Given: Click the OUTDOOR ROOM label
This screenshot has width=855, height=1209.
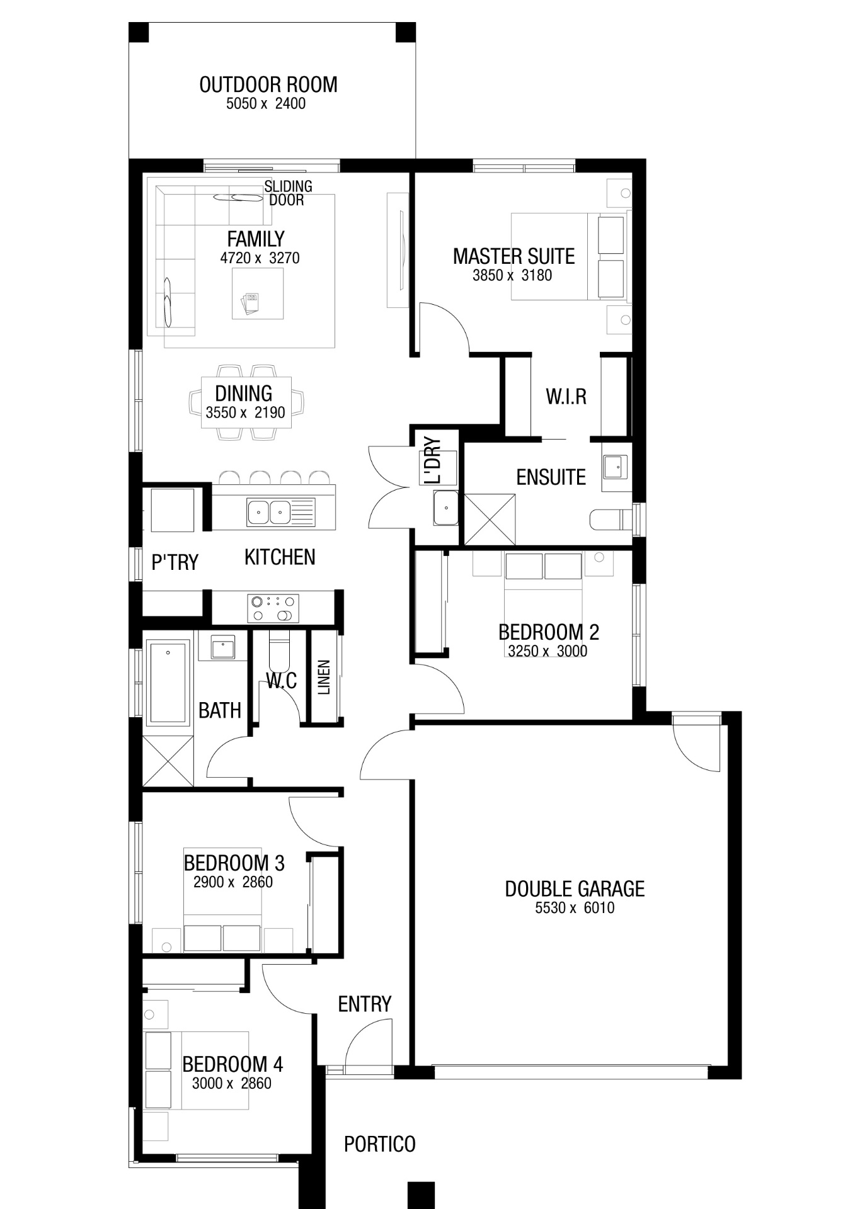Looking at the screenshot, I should (x=268, y=85).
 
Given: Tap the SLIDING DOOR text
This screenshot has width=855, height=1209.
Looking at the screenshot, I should (x=288, y=193).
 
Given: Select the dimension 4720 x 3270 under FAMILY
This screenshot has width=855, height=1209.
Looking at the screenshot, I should (x=260, y=258).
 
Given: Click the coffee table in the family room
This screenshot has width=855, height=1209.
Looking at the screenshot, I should (x=257, y=293).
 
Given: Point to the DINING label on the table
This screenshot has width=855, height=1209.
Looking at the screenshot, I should (x=244, y=394).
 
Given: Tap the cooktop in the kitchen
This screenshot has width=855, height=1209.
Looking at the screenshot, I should (x=273, y=608).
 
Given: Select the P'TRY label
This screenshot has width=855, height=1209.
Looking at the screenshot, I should (x=175, y=562).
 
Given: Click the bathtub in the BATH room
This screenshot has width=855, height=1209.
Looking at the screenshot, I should (x=168, y=683).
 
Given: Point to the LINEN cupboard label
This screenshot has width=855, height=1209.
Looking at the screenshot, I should (x=324, y=678).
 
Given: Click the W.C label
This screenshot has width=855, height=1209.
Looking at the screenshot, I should (x=281, y=681).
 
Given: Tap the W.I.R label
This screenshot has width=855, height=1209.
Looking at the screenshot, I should (x=566, y=397).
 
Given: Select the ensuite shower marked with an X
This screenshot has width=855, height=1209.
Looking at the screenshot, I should (x=490, y=519).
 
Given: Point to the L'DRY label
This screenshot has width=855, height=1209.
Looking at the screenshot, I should (x=433, y=460).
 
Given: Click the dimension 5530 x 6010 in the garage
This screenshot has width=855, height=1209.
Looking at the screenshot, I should (x=575, y=908).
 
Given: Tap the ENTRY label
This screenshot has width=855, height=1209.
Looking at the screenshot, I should (x=365, y=1004).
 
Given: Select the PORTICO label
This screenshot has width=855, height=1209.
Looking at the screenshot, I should (x=379, y=1144).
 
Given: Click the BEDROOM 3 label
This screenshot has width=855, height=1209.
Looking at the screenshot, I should (x=234, y=863).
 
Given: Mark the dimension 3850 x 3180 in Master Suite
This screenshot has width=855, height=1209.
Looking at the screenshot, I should (x=512, y=275).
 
